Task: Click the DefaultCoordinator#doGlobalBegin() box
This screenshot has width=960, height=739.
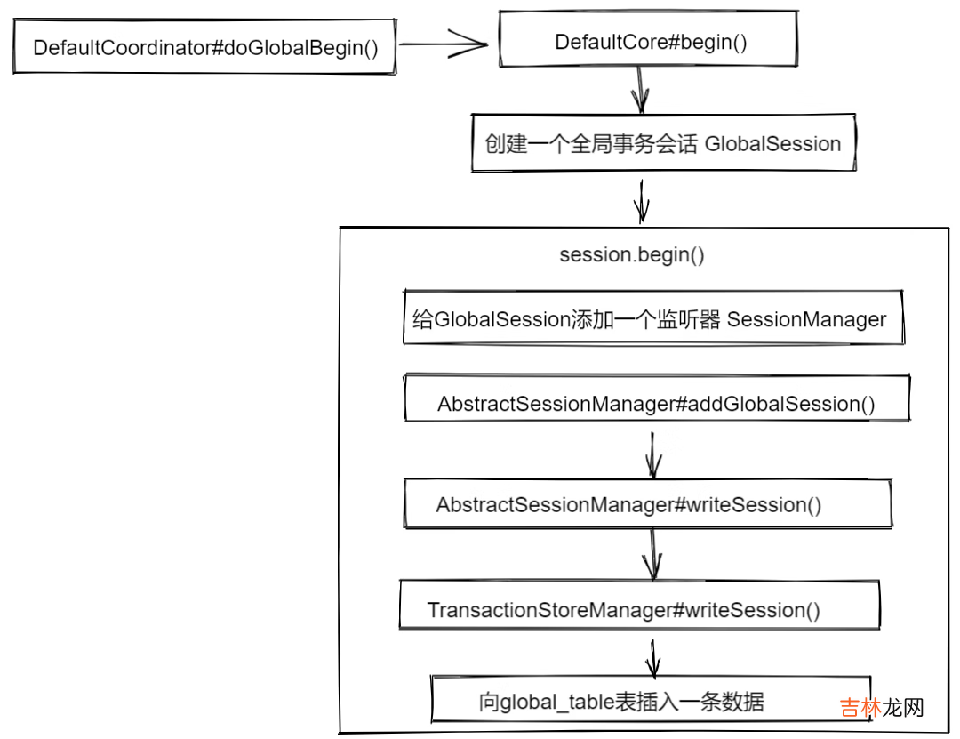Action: (204, 47)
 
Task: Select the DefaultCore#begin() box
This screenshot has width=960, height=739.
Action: (651, 42)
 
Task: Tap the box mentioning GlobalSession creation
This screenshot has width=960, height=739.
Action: (662, 143)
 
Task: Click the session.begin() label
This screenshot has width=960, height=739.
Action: (632, 255)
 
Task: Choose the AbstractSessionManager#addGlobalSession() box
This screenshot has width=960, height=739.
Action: (656, 403)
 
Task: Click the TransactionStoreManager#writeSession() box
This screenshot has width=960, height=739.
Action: (638, 610)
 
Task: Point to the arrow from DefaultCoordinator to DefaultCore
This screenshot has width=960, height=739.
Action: (442, 43)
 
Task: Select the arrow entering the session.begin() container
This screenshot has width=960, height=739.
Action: (641, 201)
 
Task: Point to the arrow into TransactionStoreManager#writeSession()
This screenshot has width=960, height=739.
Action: (653, 555)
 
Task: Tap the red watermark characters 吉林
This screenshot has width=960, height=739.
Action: (860, 708)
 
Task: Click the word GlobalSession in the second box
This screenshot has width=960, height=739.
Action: (772, 144)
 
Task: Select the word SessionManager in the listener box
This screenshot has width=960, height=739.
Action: (806, 319)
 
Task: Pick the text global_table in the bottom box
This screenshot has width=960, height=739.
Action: (558, 703)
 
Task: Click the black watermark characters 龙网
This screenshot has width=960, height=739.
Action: (904, 708)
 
